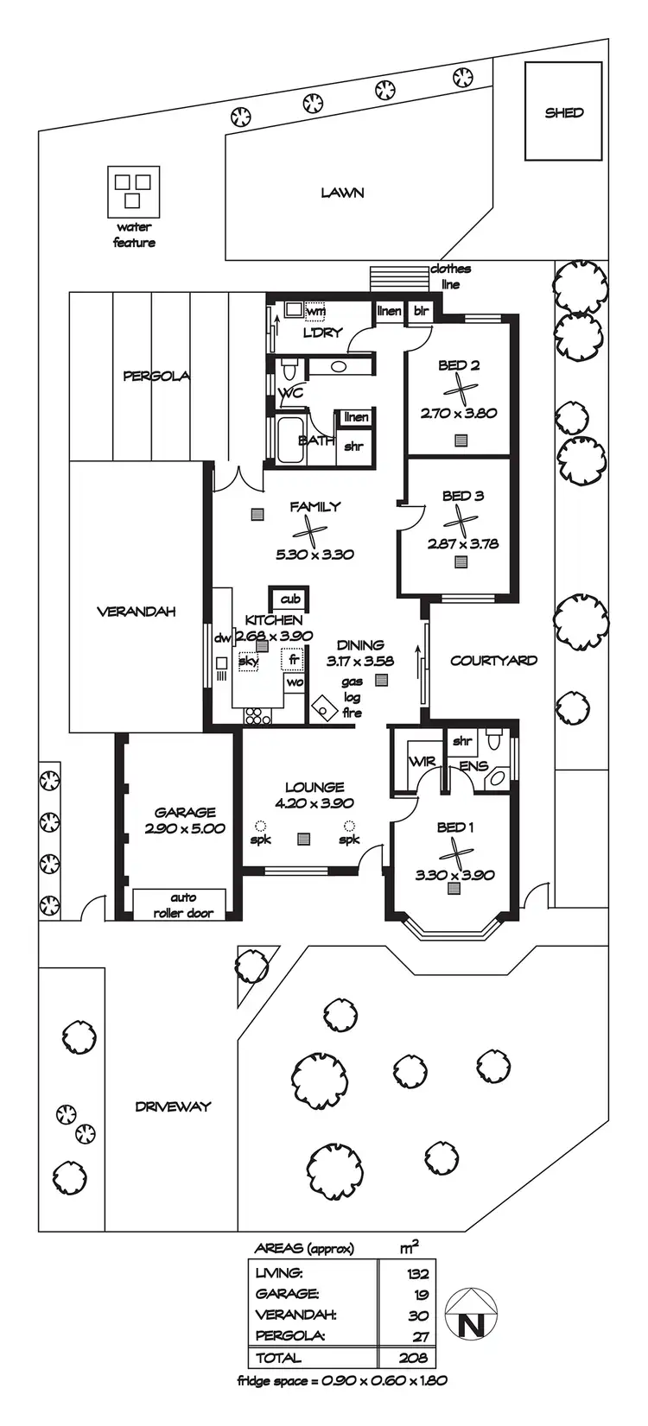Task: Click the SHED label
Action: click(x=563, y=112)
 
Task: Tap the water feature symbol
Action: click(x=133, y=191)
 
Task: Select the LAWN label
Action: click(x=342, y=193)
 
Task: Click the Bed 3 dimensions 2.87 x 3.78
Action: click(x=462, y=544)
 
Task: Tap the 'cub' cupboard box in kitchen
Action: click(x=290, y=599)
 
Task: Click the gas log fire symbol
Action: click(x=324, y=707)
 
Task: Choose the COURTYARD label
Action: click(x=493, y=661)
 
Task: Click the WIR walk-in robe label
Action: click(x=422, y=762)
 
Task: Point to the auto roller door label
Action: click(x=183, y=905)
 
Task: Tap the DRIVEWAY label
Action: click(x=173, y=1106)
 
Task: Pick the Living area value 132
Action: click(x=417, y=1273)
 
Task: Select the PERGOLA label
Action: click(x=156, y=376)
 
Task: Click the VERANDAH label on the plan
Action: click(x=136, y=612)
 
